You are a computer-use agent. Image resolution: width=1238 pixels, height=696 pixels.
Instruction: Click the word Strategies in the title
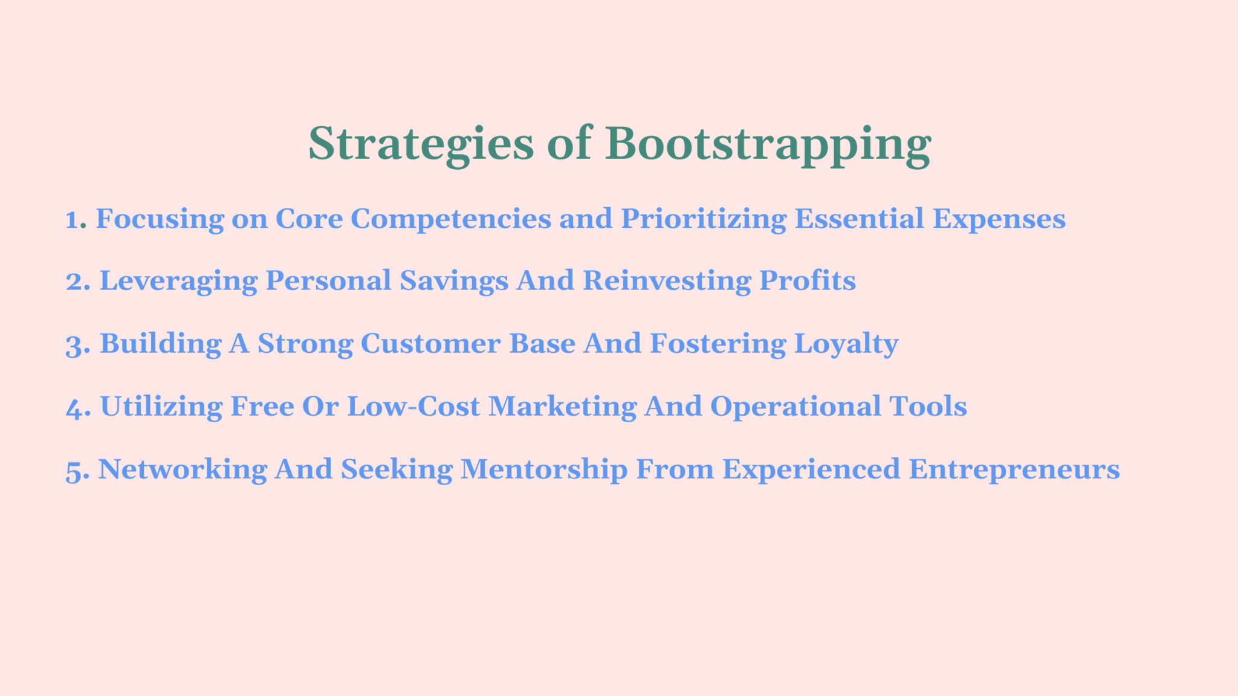[x=421, y=144]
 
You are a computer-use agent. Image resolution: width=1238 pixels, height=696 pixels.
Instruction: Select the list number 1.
[x=75, y=219]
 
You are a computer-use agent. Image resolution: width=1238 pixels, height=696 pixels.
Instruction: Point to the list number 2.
[x=77, y=282]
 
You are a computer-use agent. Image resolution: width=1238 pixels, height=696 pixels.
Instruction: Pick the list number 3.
[x=77, y=344]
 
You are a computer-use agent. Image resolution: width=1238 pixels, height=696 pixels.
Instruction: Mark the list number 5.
[x=77, y=470]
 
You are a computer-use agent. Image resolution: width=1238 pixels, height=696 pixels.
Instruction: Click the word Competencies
[x=451, y=219]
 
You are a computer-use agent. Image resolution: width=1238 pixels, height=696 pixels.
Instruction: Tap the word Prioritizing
[x=704, y=219]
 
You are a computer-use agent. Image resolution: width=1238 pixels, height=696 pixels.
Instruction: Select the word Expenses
[x=999, y=219]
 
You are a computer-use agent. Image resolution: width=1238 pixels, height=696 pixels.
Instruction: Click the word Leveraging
[x=178, y=282]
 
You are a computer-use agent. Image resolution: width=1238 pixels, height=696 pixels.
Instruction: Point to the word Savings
[x=453, y=282]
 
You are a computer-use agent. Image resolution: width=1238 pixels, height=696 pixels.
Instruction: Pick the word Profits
[x=807, y=282]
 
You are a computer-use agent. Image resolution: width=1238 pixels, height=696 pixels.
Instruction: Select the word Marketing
[x=562, y=407]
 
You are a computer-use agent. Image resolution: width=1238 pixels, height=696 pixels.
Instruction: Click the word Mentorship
[x=544, y=470]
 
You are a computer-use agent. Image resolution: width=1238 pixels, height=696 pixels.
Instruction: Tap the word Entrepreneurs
[x=1014, y=470]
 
